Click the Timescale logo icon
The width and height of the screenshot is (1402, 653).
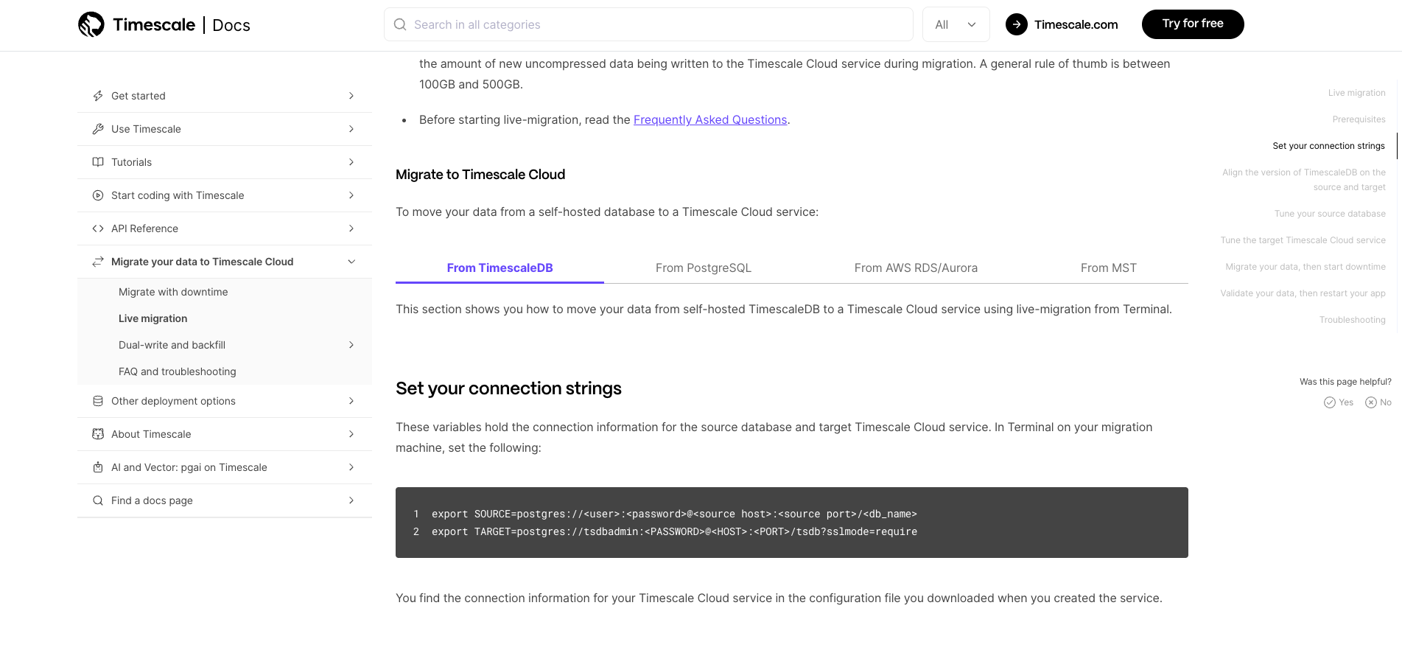pos(91,24)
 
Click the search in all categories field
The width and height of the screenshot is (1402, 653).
pos(648,24)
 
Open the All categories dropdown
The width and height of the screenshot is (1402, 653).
pos(956,24)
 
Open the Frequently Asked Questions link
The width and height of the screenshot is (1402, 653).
pos(709,119)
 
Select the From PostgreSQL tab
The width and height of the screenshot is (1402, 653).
pos(703,268)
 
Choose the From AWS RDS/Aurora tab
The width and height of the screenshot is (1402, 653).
pos(916,268)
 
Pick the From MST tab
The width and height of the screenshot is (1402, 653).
pos(1108,268)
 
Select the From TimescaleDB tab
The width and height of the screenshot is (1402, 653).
pos(500,268)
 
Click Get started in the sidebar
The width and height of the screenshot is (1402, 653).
pos(139,96)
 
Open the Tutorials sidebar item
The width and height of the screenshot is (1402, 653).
pos(131,162)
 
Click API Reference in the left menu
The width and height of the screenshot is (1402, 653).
pos(144,228)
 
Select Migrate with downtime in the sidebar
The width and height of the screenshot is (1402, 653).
pos(173,292)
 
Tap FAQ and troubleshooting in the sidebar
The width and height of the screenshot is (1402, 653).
pos(177,371)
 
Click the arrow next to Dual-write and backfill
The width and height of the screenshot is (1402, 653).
pos(351,345)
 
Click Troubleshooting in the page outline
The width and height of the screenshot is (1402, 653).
pos(1352,320)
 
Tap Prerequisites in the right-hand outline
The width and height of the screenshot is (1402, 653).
pos(1359,119)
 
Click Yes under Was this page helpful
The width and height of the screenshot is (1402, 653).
pos(1339,402)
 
